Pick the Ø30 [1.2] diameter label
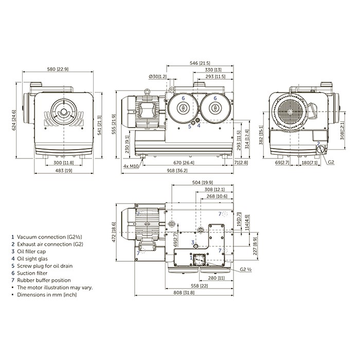click(x=157, y=77)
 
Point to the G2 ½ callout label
click(x=245, y=268)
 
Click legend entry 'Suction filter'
click(x=32, y=273)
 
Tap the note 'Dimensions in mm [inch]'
click(x=46, y=295)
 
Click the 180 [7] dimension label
click(x=309, y=163)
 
